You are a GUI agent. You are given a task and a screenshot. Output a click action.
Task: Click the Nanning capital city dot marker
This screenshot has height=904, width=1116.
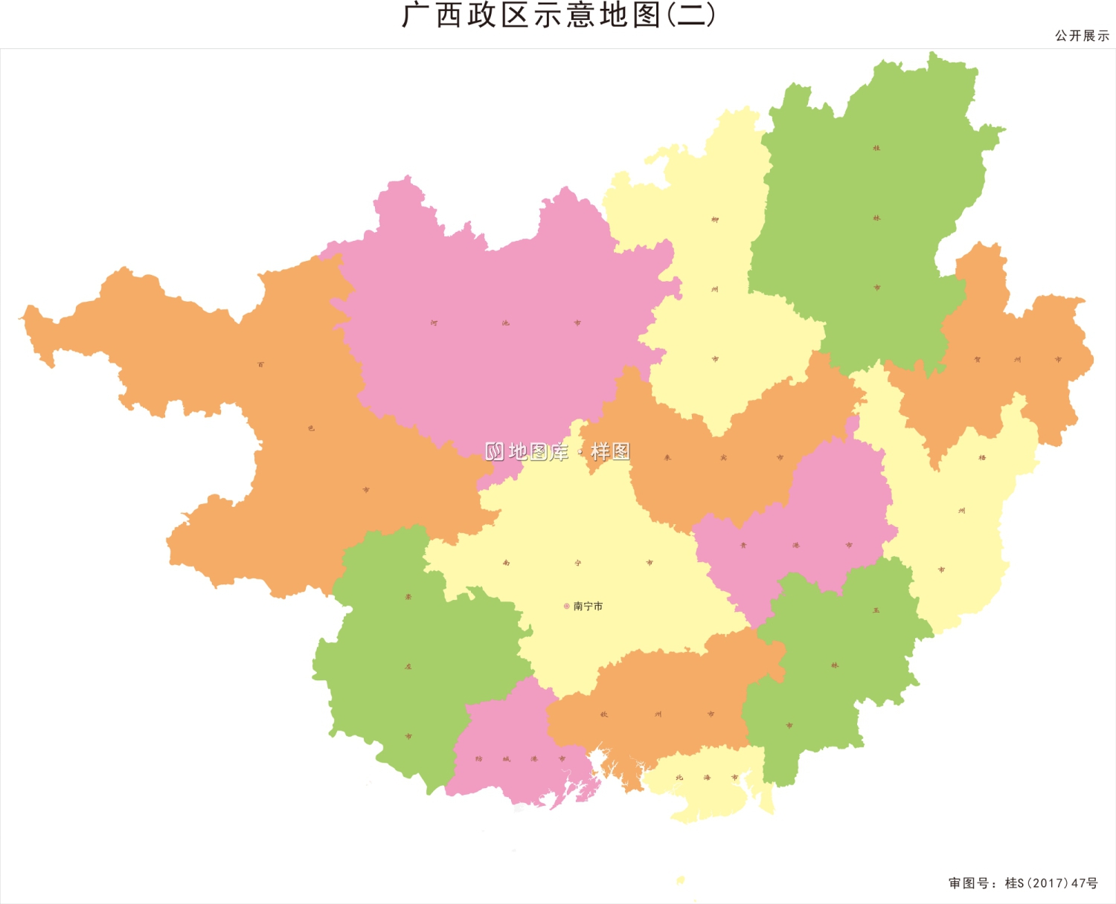567,607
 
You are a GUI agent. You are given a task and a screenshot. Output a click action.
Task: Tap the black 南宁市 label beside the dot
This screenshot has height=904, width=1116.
589,607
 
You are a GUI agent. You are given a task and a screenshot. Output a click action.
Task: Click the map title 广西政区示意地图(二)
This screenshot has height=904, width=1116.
558,16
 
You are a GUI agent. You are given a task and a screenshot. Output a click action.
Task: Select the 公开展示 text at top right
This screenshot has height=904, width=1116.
1082,36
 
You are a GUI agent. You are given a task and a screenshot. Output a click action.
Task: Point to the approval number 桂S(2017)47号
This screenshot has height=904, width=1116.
1051,883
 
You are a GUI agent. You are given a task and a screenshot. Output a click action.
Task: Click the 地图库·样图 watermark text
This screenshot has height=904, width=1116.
558,451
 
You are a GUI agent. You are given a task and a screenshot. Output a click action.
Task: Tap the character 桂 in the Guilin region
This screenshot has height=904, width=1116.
876,149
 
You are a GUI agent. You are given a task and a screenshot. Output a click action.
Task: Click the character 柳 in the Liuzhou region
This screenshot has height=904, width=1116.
715,220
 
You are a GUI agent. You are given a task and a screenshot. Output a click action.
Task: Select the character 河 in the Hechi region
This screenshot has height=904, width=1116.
434,323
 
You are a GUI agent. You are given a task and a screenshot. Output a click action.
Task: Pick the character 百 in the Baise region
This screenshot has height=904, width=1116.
260,365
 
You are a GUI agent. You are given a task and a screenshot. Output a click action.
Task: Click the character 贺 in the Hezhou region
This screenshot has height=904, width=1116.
978,360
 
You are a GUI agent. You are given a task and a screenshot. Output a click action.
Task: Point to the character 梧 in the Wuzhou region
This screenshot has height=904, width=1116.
982,458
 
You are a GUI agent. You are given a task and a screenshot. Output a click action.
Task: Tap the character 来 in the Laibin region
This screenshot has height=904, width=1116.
667,458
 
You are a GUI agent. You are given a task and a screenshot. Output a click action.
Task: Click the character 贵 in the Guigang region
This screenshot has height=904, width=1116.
743,546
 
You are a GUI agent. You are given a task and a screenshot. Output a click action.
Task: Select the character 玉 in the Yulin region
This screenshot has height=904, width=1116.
876,610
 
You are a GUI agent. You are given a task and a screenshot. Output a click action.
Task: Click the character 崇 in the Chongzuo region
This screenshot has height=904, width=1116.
408,597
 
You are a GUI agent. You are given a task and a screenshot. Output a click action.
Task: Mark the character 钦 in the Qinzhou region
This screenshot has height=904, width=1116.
604,714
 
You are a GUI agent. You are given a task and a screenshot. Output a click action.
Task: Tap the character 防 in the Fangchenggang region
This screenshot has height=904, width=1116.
479,759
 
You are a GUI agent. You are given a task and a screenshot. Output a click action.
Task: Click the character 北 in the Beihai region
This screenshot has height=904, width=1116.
679,778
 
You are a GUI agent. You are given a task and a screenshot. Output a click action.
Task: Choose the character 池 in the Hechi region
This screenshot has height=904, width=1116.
506,323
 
